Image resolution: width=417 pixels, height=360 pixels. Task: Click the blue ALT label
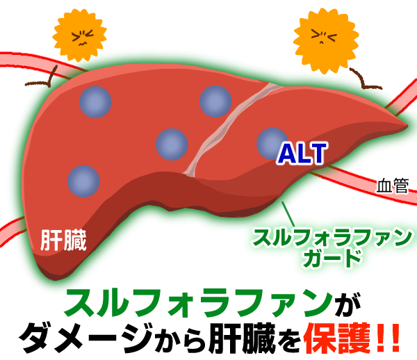302,154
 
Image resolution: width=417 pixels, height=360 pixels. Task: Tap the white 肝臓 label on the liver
63,240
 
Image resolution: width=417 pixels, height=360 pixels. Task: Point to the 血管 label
392,186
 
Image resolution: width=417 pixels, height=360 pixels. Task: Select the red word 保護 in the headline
337,339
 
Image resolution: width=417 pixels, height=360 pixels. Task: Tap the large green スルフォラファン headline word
198,302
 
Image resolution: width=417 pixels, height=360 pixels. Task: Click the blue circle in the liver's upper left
95,102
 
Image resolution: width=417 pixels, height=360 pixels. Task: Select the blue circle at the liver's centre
172,145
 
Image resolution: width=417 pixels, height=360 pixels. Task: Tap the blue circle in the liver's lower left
83,181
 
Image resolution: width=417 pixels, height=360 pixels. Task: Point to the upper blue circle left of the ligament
215,101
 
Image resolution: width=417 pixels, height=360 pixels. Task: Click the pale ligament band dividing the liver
227,128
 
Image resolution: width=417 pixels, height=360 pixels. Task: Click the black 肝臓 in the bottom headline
241,339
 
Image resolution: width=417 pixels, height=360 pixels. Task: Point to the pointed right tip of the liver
407,125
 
